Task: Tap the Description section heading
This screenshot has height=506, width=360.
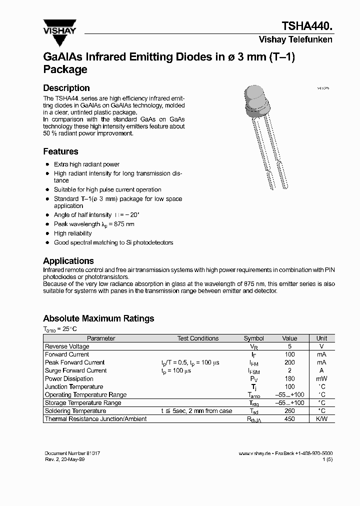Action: [x=66, y=88]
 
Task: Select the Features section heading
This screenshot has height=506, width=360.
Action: [x=60, y=151]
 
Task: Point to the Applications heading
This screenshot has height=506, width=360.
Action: [x=68, y=261]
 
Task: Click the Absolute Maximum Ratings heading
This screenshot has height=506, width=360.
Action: [x=98, y=318]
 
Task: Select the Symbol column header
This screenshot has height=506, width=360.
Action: [x=254, y=338]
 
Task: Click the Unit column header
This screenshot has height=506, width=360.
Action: [x=321, y=338]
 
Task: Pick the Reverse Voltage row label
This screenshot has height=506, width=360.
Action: [x=67, y=346]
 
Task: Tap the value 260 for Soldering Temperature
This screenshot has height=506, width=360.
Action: [x=289, y=411]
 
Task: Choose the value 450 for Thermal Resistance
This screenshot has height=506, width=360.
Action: [x=289, y=419]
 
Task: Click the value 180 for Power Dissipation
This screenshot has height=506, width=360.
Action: [x=289, y=378]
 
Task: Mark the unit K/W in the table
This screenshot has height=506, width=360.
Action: [x=321, y=419]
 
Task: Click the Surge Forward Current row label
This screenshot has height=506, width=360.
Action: [x=75, y=370]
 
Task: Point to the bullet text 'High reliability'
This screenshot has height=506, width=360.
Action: [x=73, y=233]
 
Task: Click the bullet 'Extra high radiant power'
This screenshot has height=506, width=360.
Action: [x=86, y=164]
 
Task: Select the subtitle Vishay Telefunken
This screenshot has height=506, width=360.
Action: [x=295, y=40]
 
